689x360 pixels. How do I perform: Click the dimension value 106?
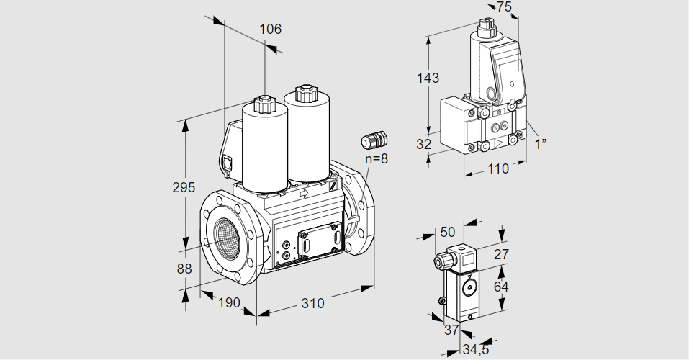(270, 30)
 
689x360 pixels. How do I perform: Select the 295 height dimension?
(184, 188)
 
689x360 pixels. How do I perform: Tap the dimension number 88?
(184, 269)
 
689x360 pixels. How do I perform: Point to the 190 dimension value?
(228, 302)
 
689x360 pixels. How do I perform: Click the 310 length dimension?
(312, 303)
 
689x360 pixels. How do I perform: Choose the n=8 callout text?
(376, 158)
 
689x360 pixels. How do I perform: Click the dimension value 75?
(504, 7)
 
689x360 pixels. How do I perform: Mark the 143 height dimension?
(428, 78)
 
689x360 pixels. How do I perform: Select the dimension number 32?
(424, 144)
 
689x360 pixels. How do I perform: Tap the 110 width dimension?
(497, 168)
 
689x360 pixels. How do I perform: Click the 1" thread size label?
(540, 143)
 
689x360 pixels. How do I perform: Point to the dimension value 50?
(447, 232)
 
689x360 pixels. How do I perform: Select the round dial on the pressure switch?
(470, 289)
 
